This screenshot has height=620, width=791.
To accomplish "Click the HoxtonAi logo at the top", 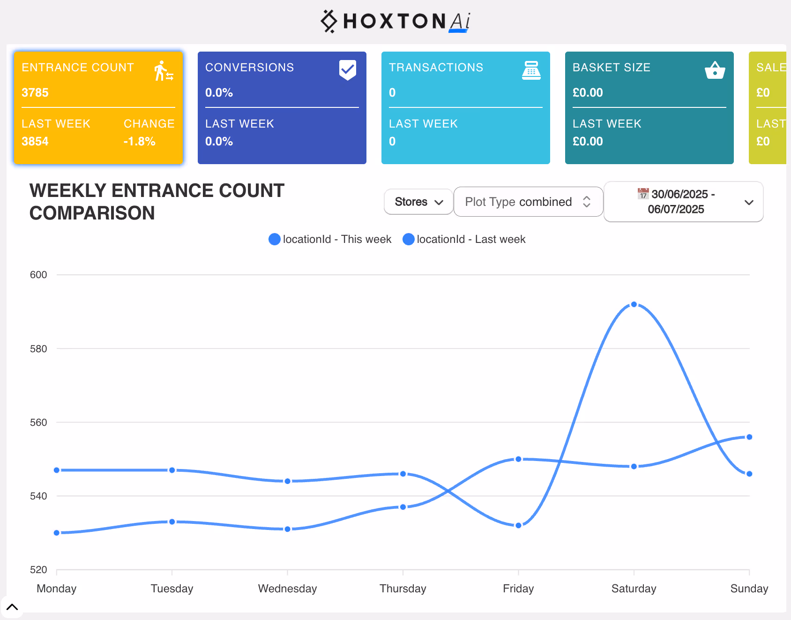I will [395, 21].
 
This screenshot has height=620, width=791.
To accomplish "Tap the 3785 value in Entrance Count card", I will [35, 92].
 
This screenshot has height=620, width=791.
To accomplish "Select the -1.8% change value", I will [139, 141].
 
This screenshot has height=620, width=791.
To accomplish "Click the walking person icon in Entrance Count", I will [164, 71].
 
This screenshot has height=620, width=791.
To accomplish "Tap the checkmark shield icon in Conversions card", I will [347, 70].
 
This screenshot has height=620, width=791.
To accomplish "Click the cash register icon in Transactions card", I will [531, 70].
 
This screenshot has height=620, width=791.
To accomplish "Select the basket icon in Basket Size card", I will [715, 70].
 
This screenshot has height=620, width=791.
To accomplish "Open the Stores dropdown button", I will [418, 202].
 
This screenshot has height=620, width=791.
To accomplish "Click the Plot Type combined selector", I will [528, 202].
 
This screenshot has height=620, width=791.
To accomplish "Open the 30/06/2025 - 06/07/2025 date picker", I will [683, 202].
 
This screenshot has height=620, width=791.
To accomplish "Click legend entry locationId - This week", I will [330, 239].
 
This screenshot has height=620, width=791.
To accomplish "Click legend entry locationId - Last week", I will [464, 239].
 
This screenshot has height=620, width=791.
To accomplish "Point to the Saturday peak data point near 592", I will [634, 304].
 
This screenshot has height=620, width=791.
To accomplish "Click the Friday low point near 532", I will [518, 525].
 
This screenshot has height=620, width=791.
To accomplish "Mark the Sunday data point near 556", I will [749, 437].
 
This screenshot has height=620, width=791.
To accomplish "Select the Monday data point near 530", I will [57, 533].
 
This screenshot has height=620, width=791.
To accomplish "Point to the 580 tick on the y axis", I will [38, 348].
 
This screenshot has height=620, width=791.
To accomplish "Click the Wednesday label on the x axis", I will [287, 588].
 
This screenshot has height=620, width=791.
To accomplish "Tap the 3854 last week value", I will [35, 141].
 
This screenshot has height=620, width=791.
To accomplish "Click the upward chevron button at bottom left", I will [12, 607].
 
